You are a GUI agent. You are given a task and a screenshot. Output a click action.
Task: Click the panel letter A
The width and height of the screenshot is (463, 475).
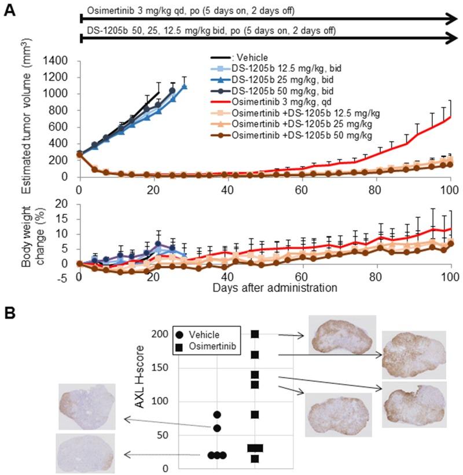pyautogui.click(x=9, y=11)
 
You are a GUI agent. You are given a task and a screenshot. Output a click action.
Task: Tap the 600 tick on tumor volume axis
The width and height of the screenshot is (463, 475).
pyautogui.click(x=62, y=127)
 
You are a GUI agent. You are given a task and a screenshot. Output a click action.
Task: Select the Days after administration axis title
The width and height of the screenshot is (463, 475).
pyautogui.click(x=266, y=287)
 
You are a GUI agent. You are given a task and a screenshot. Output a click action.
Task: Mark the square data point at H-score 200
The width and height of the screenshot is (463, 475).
pyautogui.click(x=255, y=334)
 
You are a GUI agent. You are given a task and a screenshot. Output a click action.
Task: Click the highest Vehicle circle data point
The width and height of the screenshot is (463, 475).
pyautogui.click(x=217, y=415)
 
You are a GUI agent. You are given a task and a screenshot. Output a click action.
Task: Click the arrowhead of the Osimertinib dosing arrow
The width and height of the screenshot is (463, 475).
pyautogui.click(x=451, y=19)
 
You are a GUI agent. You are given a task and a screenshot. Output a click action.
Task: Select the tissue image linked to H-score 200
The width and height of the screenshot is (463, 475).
pyautogui.click(x=343, y=335)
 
